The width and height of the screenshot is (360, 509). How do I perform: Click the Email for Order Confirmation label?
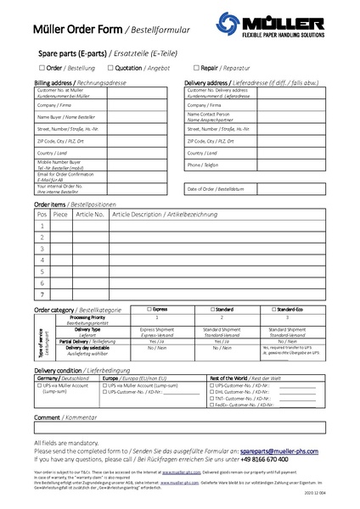[59, 175]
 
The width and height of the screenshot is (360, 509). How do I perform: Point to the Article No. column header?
[89, 215]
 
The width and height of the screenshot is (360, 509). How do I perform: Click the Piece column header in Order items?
[60, 215]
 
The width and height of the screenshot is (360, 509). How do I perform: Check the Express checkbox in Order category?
[149, 310]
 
